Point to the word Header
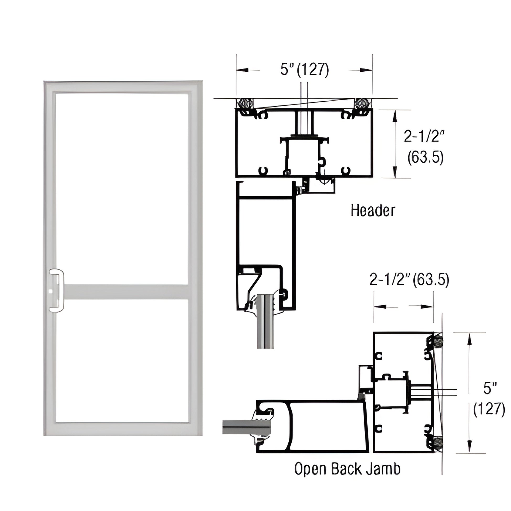point(373,211)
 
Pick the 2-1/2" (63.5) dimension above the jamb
point(409,280)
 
